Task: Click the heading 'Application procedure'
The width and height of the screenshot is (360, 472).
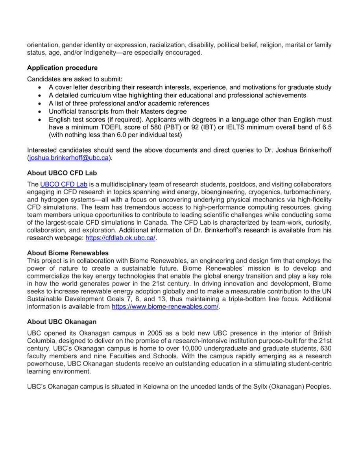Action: tap(62, 68)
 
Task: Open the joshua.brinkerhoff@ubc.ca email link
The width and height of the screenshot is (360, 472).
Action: tap(69, 158)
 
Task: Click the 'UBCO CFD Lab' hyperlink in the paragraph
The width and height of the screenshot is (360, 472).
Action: tap(63, 184)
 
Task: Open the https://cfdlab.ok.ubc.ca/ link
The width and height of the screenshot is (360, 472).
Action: tap(120, 238)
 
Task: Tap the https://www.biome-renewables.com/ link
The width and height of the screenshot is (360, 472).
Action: tap(165, 306)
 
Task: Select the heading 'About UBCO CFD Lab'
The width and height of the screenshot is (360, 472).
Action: tap(62, 173)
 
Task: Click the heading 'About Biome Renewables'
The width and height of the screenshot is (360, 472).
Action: tap(68, 253)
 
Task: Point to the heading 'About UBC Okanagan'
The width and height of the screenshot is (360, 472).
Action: tap(62, 321)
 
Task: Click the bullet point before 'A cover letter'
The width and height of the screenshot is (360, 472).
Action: tap(40, 87)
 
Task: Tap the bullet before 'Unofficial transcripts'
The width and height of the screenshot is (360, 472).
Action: tap(40, 111)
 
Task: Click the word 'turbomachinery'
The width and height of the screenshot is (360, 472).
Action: tap(309, 192)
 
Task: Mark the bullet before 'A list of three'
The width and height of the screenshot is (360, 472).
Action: tap(40, 103)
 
